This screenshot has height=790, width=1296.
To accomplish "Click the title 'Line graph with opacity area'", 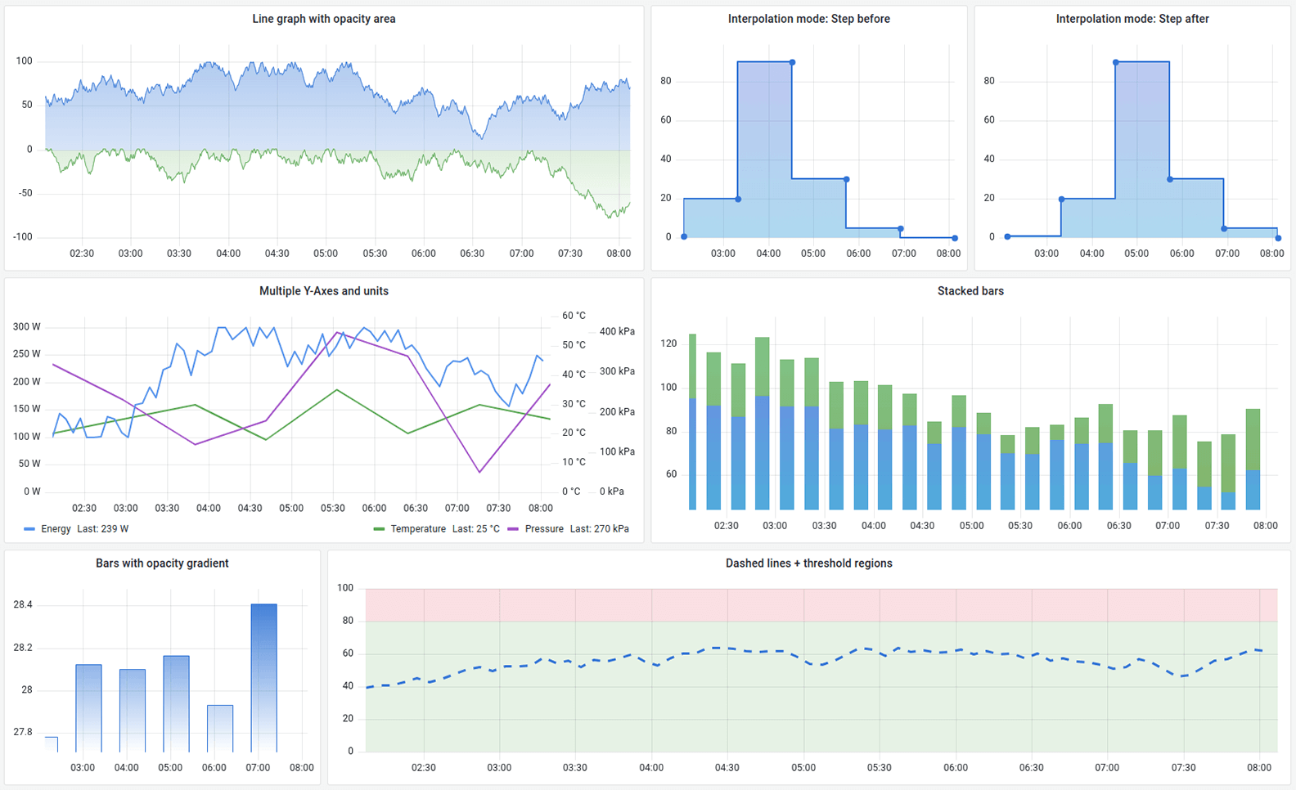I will tap(323, 19).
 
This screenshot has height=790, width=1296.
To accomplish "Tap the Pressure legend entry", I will tap(543, 529).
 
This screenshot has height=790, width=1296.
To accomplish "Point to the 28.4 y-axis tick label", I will tap(23, 605).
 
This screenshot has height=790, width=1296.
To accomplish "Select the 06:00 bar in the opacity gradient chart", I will tap(220, 728).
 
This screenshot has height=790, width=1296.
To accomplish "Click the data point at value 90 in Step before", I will tap(792, 63).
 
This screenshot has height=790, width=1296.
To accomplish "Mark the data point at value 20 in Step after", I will tap(1061, 200).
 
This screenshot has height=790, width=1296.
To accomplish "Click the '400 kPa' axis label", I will tap(617, 332).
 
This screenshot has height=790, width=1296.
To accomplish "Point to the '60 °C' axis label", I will tap(574, 316).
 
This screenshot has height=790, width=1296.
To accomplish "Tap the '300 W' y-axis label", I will tap(26, 327).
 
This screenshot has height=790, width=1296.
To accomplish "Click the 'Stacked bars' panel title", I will tap(970, 291).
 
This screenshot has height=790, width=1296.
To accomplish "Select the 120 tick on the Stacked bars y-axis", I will tap(668, 343).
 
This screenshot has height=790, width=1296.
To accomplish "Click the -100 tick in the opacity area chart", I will tap(23, 237).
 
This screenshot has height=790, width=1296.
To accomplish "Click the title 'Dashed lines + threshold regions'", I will tap(808, 563).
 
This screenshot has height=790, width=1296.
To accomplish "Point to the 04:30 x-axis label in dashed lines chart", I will tap(727, 768).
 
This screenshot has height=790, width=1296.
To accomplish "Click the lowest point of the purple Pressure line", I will tap(479, 472).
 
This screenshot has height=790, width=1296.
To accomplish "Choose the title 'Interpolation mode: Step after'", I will tap(1132, 19).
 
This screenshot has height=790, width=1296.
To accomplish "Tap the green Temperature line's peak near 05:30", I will tap(336, 390).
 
